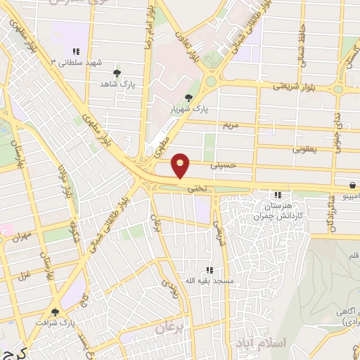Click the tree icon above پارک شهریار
coord(188,98)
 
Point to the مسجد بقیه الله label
coord(208,281)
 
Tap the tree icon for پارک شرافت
coord(55,312)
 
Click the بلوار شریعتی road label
coord(296,87)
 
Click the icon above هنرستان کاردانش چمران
coord(278,195)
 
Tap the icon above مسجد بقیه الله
coord(208,270)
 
